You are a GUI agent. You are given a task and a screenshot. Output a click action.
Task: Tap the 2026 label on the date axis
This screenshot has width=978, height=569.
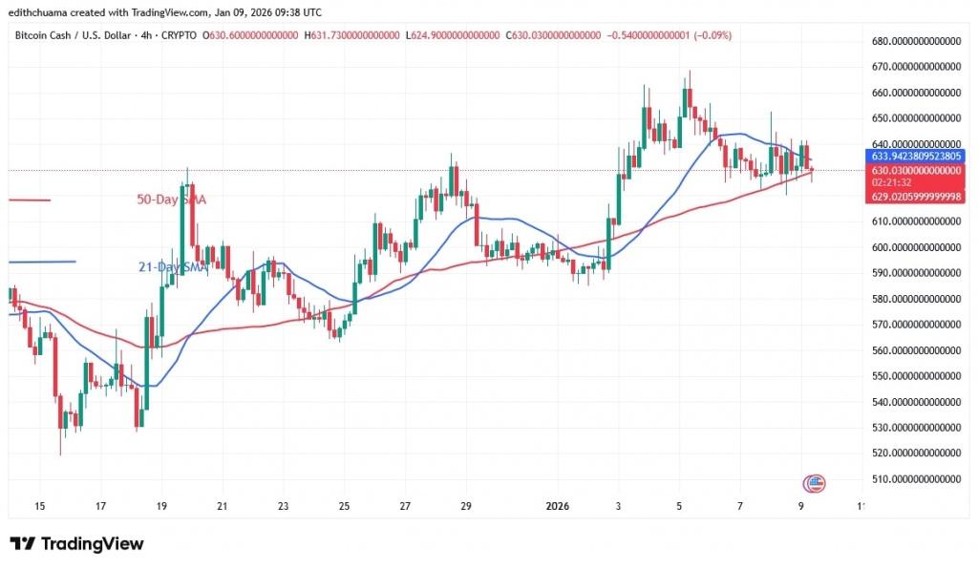click(x=558, y=506)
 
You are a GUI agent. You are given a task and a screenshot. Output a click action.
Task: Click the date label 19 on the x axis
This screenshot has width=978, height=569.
click(x=160, y=506)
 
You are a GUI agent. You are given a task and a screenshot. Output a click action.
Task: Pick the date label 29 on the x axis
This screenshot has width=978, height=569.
click(x=466, y=506)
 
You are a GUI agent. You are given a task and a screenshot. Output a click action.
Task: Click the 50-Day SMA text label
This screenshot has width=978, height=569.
click(x=171, y=200)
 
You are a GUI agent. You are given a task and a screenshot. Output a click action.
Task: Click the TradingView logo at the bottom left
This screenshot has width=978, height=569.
click(x=77, y=544)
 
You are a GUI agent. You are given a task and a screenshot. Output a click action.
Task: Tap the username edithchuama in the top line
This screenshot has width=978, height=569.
click(x=34, y=12)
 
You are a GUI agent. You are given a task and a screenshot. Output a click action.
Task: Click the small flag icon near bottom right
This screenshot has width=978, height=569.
click(x=815, y=482)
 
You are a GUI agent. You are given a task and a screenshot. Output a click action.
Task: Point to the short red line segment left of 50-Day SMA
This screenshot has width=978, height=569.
click(x=28, y=200)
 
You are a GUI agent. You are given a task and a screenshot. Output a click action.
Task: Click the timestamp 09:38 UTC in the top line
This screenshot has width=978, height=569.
click(x=295, y=12)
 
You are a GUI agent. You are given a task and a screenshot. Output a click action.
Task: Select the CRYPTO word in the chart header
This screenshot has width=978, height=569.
click(x=180, y=34)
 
